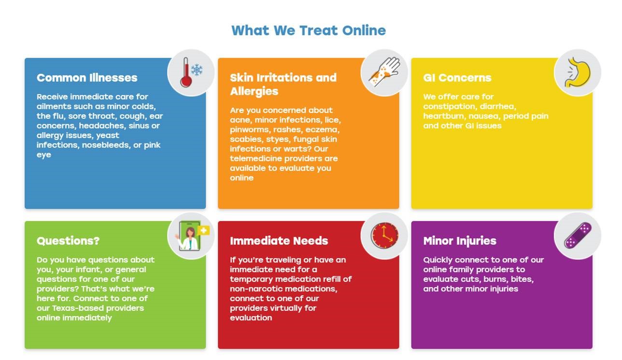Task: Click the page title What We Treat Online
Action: click(x=309, y=30)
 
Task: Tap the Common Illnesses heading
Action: click(x=87, y=78)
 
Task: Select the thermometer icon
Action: click(x=186, y=72)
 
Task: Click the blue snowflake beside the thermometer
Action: click(x=197, y=69)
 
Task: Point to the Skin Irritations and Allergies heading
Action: click(x=283, y=84)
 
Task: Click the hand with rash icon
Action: click(x=384, y=72)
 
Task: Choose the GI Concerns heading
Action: click(x=457, y=78)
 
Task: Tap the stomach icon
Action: click(x=578, y=72)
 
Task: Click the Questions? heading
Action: click(x=68, y=241)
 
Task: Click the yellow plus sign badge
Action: click(x=204, y=230)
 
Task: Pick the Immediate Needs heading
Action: click(x=279, y=241)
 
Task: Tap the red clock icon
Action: click(x=384, y=235)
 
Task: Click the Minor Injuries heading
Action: click(x=460, y=241)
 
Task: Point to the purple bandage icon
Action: click(x=578, y=235)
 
